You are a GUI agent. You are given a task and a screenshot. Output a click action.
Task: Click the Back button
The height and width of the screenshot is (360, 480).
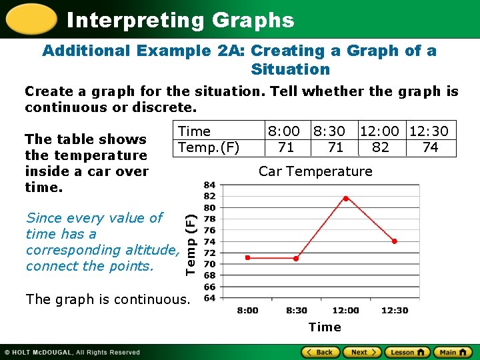click(319, 352)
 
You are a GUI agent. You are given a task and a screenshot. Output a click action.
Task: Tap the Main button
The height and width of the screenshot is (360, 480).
click(452, 352)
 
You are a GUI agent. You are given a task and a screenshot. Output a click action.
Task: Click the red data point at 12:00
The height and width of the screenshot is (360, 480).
click(345, 198)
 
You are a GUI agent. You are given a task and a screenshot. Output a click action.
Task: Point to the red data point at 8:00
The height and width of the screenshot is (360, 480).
click(247, 257)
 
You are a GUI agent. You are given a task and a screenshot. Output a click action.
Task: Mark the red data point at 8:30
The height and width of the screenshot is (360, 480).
click(296, 258)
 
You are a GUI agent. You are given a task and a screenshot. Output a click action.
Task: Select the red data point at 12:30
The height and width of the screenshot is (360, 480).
click(394, 241)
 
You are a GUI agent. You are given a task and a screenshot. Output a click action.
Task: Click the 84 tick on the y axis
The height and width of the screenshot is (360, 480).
click(209, 185)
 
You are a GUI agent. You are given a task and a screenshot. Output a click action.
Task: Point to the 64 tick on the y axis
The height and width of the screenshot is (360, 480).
click(209, 297)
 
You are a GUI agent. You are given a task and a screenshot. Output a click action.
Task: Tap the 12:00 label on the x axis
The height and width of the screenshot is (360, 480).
click(345, 310)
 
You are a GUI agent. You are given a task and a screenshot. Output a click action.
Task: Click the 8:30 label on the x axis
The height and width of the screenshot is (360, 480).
click(296, 310)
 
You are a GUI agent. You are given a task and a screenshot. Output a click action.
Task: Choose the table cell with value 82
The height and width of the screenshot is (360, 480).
click(381, 147)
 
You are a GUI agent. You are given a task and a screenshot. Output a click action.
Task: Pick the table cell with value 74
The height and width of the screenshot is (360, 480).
click(431, 147)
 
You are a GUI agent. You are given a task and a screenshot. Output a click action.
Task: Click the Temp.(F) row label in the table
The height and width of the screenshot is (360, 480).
click(209, 147)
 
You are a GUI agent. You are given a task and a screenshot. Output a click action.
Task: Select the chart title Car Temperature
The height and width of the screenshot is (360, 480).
click(315, 171)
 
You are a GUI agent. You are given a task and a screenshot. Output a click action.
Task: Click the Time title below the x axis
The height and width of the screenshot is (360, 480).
click(325, 327)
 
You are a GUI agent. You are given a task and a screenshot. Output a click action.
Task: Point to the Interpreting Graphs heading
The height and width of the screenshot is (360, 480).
click(180, 20)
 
